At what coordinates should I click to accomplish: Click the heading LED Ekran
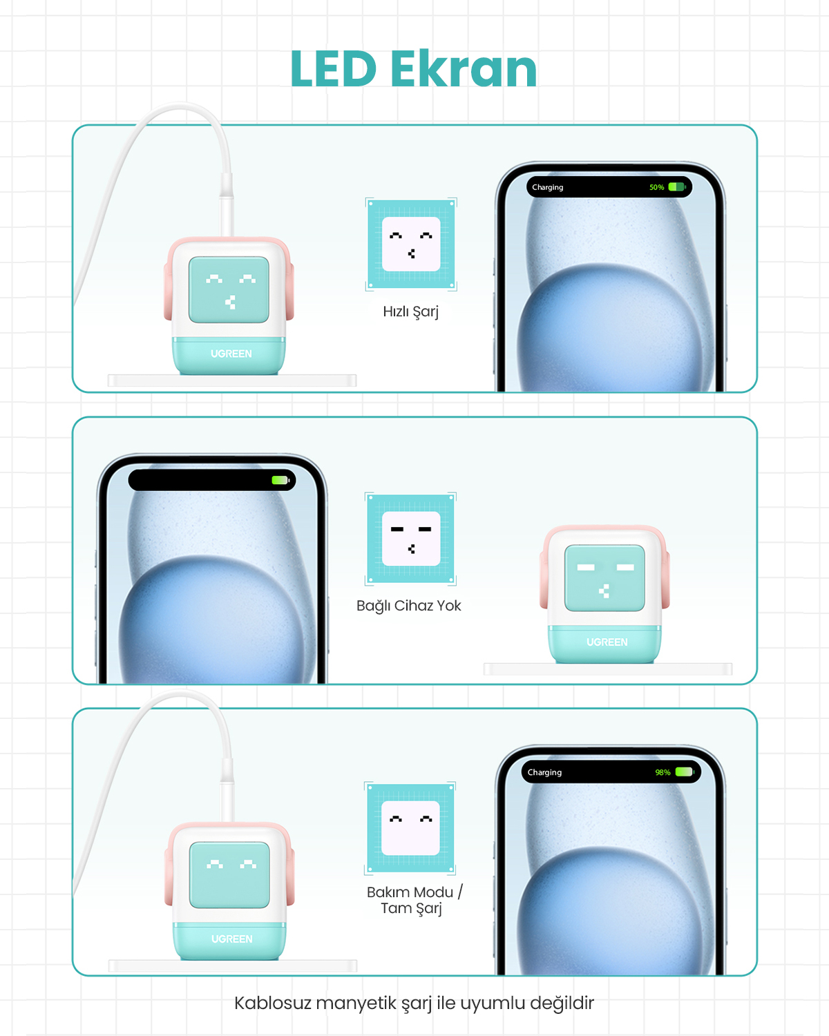[414, 69]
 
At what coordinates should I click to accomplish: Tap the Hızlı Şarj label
[411, 311]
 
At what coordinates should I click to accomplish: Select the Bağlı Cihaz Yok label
[408, 606]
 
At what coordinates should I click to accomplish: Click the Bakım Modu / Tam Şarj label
[414, 900]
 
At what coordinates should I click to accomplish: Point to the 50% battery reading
[656, 187]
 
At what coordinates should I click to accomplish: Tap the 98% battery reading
[663, 772]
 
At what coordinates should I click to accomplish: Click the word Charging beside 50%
[548, 187]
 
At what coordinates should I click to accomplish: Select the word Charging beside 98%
[544, 772]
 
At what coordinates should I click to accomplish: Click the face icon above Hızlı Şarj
[411, 244]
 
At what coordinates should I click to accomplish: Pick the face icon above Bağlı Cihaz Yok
[410, 539]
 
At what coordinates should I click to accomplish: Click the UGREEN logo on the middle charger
[607, 642]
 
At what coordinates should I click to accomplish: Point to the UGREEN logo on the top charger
[231, 354]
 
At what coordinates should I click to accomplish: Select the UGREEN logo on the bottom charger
[231, 939]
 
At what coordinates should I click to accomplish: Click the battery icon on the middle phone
[280, 480]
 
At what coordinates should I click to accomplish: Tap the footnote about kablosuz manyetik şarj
[414, 1004]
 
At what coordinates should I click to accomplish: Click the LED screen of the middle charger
[604, 577]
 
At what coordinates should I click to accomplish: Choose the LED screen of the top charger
[229, 289]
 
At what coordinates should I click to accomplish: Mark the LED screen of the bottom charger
[229, 874]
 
